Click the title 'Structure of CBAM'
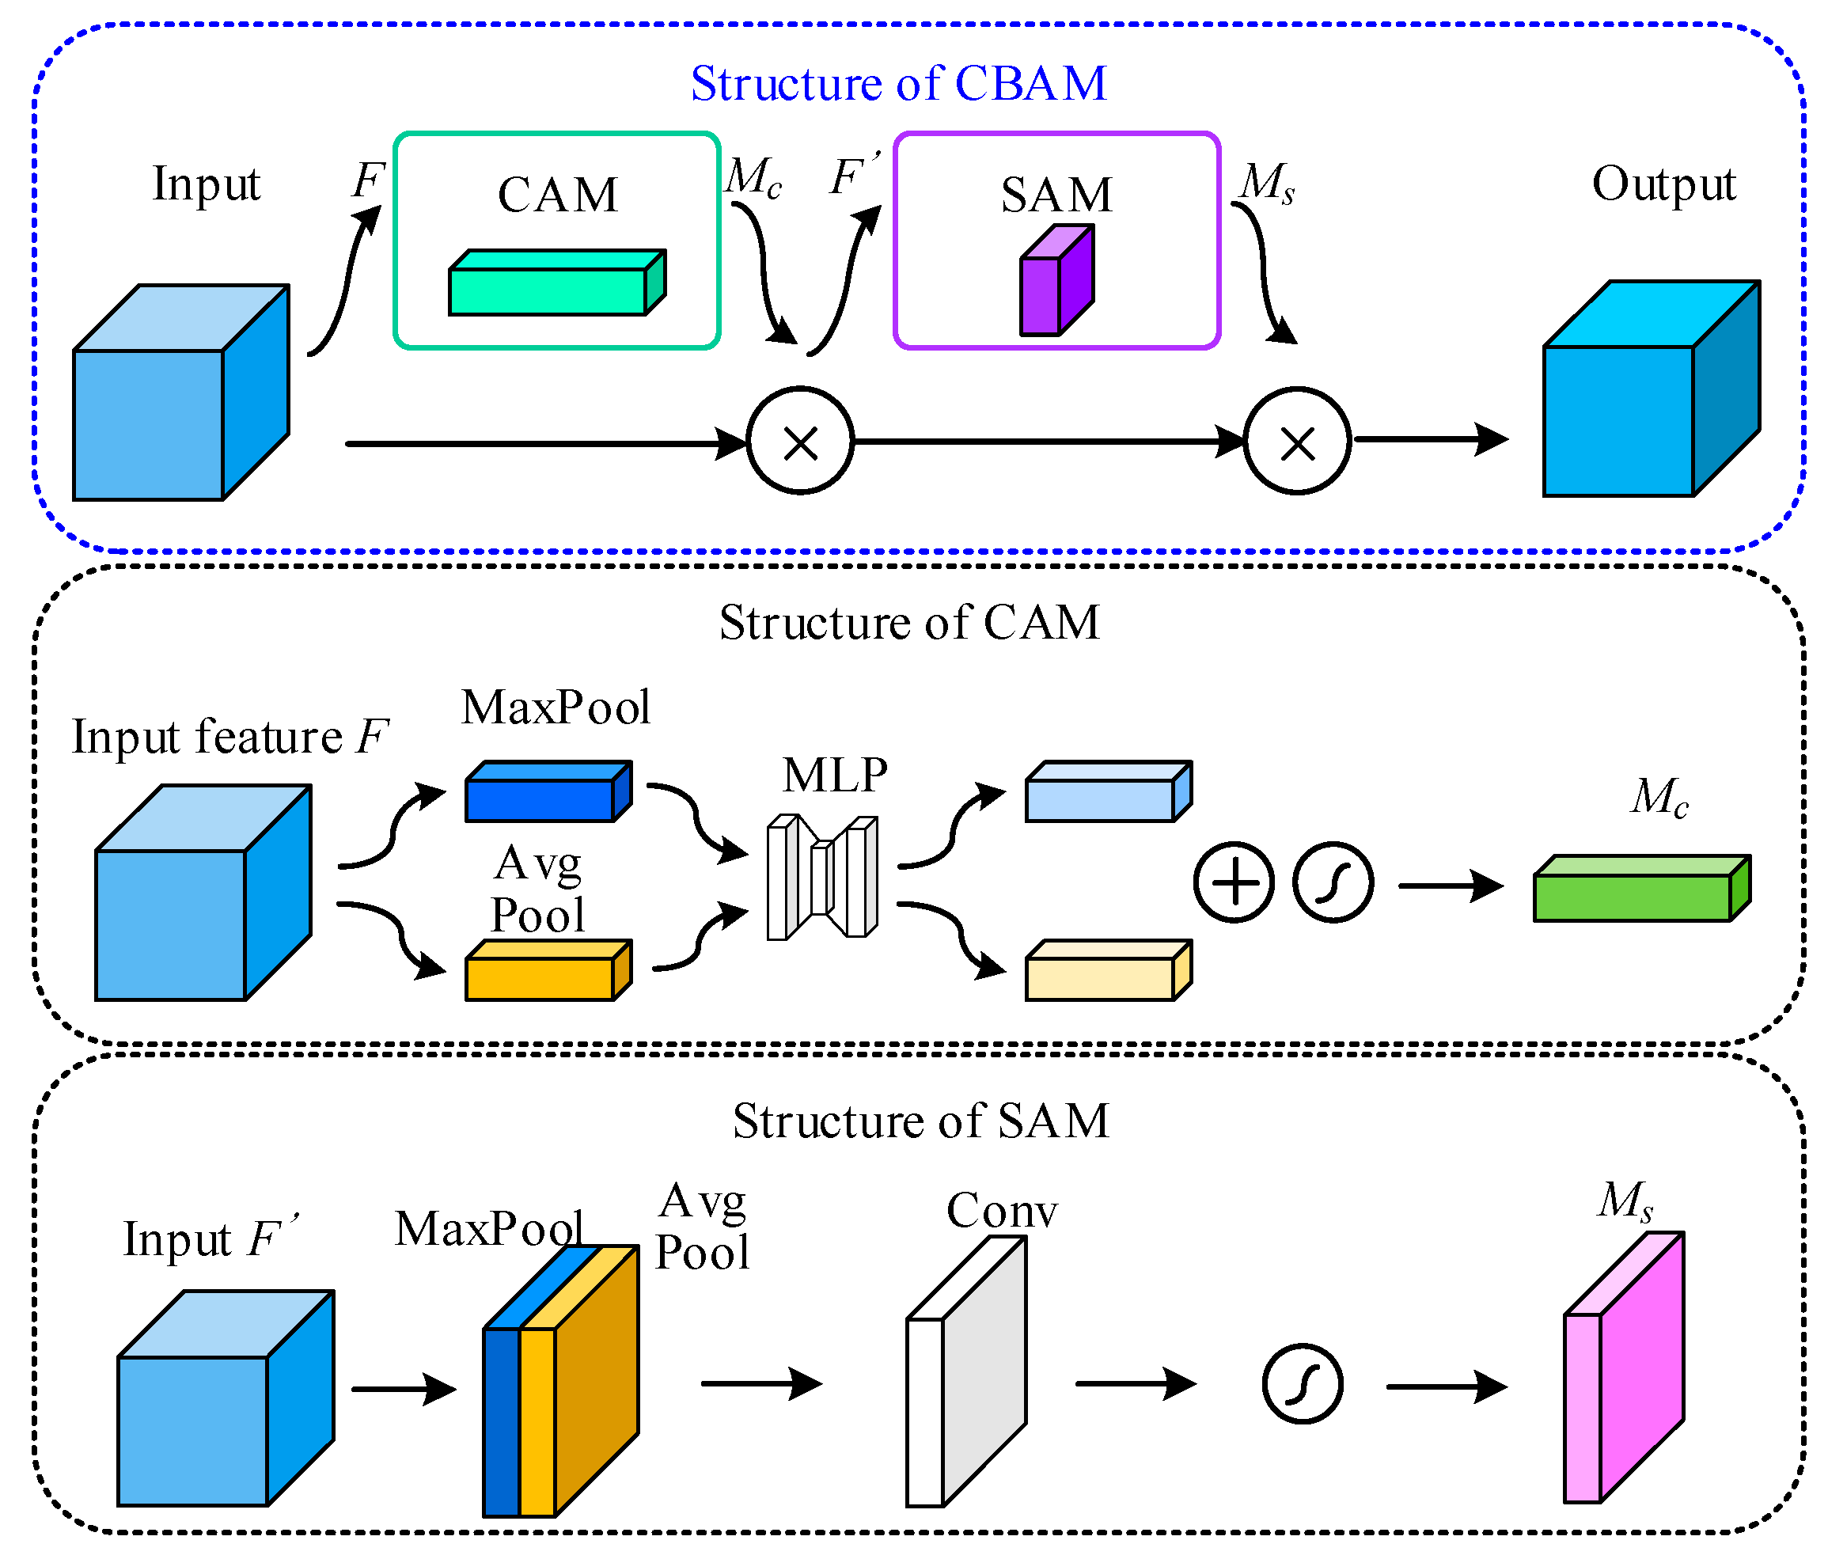coord(898,84)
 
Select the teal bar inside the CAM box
coord(556,284)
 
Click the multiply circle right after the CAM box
coord(800,441)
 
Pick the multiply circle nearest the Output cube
coord(1297,441)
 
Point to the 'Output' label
coord(1663,184)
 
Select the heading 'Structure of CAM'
coord(909,623)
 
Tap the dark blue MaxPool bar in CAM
coord(548,792)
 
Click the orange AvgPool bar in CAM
coord(548,971)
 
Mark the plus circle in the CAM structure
coord(1234,882)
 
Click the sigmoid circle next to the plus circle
coord(1332,882)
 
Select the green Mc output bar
coord(1641,890)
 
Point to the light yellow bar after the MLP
coord(1108,971)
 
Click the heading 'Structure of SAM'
coord(920,1121)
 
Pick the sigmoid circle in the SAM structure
coord(1303,1384)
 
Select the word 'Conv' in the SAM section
coord(1001,1211)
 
